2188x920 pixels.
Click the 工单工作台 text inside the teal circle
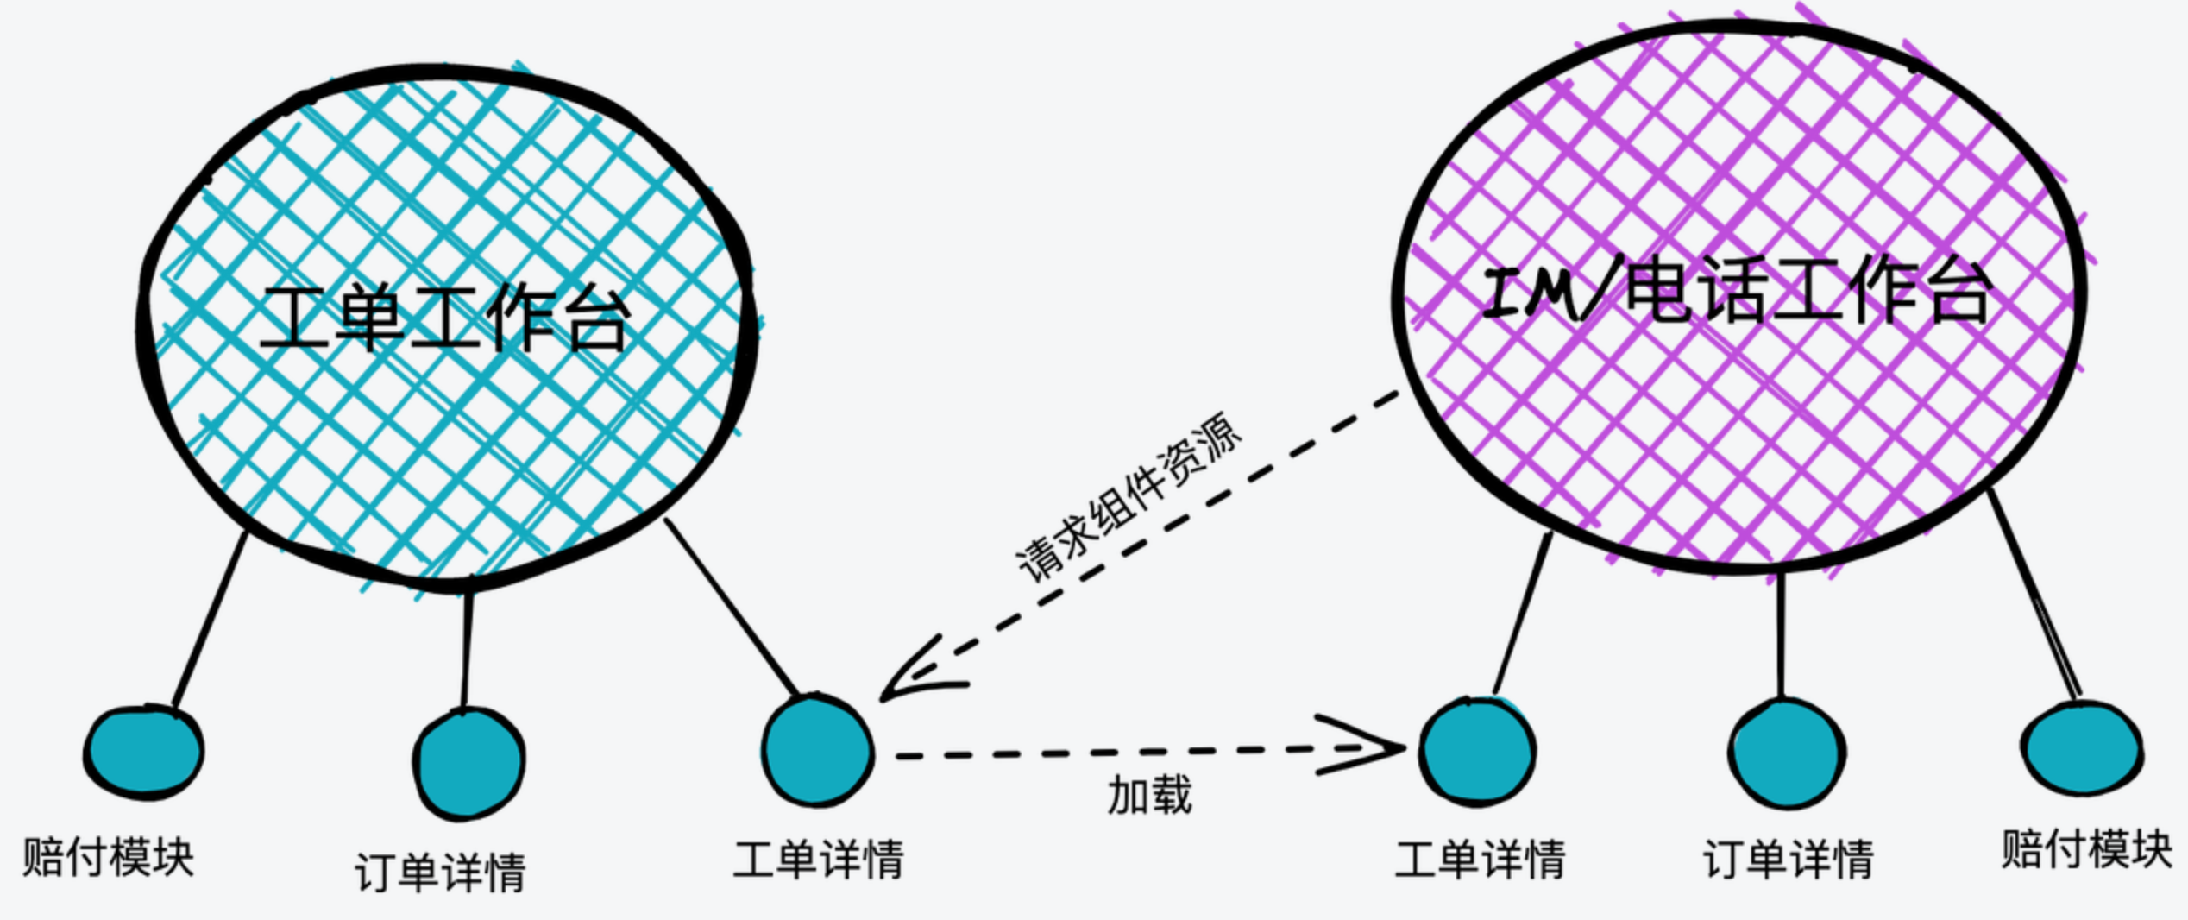(444, 318)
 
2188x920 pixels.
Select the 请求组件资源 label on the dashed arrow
(1129, 497)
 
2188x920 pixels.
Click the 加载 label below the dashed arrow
(1149, 795)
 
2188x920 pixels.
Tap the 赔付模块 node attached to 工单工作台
(143, 753)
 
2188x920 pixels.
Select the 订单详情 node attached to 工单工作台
(468, 763)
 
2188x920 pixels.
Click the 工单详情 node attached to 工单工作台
(817, 750)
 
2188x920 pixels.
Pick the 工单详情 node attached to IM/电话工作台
(1478, 751)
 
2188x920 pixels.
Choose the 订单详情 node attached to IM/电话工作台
(1787, 753)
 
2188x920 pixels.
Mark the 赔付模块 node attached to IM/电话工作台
(2082, 747)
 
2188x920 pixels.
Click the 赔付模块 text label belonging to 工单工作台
(108, 857)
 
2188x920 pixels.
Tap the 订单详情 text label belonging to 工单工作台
(440, 873)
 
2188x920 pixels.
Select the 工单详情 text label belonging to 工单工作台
(818, 860)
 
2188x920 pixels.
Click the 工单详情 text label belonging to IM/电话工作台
(1480, 860)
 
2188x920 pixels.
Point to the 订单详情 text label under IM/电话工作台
(1788, 860)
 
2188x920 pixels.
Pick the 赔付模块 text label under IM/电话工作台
(2086, 848)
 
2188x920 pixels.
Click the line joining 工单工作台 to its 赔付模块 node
(210, 620)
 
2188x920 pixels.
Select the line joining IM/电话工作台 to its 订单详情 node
(1782, 635)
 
